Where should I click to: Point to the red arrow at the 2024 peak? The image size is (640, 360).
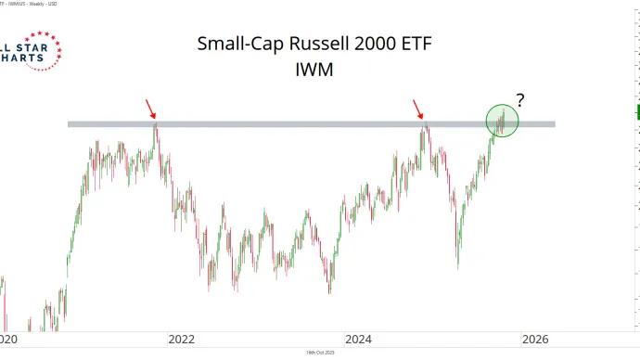tap(417, 109)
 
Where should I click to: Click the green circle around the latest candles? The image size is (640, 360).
tap(502, 120)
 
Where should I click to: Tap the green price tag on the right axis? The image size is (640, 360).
tap(636, 113)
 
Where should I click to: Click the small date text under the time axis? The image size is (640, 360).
tap(320, 354)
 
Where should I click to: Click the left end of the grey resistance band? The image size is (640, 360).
tap(71, 123)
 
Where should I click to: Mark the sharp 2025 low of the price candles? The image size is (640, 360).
tap(458, 267)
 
